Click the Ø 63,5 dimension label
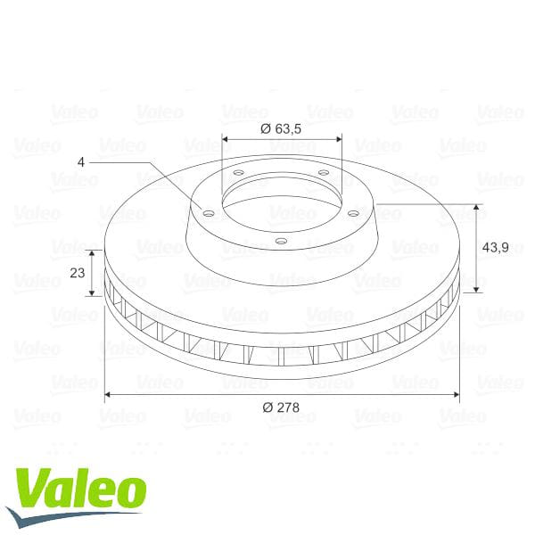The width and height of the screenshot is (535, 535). click(281, 128)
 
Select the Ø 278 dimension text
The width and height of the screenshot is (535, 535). click(281, 407)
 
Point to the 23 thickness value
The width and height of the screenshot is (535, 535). click(77, 273)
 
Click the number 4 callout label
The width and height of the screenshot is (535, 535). click(81, 162)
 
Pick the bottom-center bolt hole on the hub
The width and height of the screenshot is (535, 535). click(281, 240)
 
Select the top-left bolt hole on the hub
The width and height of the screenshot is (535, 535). click(240, 173)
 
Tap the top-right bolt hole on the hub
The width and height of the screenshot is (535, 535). click(323, 172)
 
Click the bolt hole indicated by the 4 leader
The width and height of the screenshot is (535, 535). click(208, 213)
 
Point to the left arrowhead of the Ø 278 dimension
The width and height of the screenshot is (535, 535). click(109, 393)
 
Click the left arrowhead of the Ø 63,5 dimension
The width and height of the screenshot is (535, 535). click(225, 139)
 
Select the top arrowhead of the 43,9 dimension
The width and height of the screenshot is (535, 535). click(477, 208)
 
